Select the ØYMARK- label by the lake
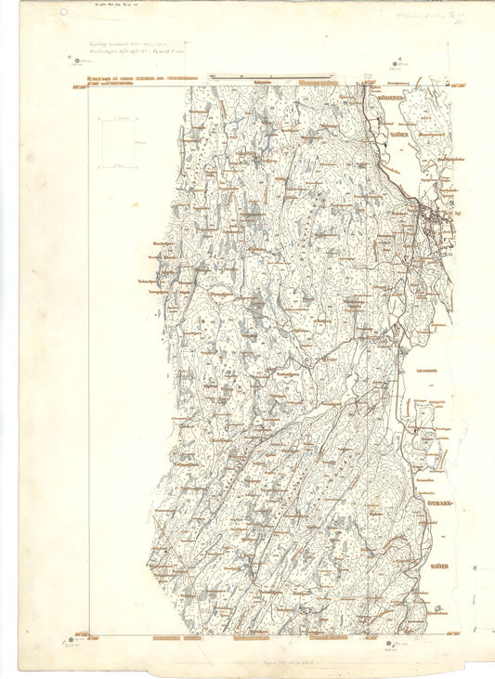[431, 502]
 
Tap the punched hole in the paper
[63, 13]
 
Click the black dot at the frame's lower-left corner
[67, 639]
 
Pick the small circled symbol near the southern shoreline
[437, 609]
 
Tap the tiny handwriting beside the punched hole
[112, 6]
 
